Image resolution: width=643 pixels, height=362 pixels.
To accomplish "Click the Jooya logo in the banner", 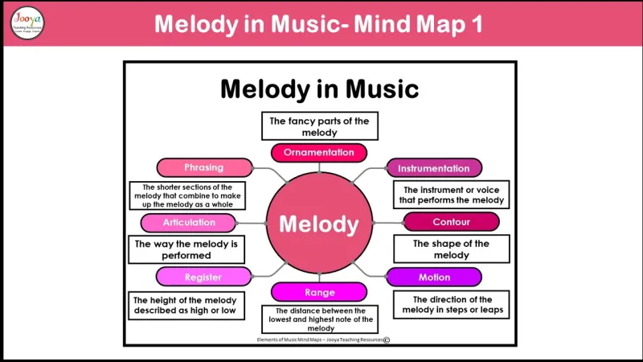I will tap(27, 23).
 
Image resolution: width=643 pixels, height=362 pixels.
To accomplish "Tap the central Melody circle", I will tap(319, 224).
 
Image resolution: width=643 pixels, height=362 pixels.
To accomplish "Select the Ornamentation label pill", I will tap(319, 152).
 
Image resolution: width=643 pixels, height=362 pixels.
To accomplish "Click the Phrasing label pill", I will tap(203, 167).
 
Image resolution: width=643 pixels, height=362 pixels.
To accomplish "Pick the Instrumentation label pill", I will tap(434, 168).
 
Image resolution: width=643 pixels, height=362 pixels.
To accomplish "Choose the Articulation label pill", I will tap(190, 222).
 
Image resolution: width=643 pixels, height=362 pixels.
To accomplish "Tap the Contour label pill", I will tap(451, 222).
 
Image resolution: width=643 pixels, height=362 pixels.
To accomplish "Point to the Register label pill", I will tap(203, 277).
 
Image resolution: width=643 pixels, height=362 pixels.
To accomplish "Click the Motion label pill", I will tap(434, 277).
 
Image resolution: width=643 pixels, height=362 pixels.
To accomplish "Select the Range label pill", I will tap(319, 292).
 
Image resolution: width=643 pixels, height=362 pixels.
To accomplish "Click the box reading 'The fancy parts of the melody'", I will tap(319, 126).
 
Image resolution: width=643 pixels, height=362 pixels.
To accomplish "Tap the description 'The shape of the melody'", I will tap(451, 249).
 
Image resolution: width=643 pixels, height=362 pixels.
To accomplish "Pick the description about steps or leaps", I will tap(451, 305).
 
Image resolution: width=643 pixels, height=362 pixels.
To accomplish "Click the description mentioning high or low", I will tap(186, 305).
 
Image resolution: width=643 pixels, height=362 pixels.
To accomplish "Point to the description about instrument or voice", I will tap(451, 195).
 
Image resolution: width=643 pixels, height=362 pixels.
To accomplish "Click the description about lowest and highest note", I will tap(319, 319).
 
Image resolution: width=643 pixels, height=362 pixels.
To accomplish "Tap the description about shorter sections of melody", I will tap(187, 195).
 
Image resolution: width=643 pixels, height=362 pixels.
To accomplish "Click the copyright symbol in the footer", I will tap(387, 340).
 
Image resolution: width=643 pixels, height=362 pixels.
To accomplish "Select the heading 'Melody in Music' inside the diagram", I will tap(319, 88).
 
